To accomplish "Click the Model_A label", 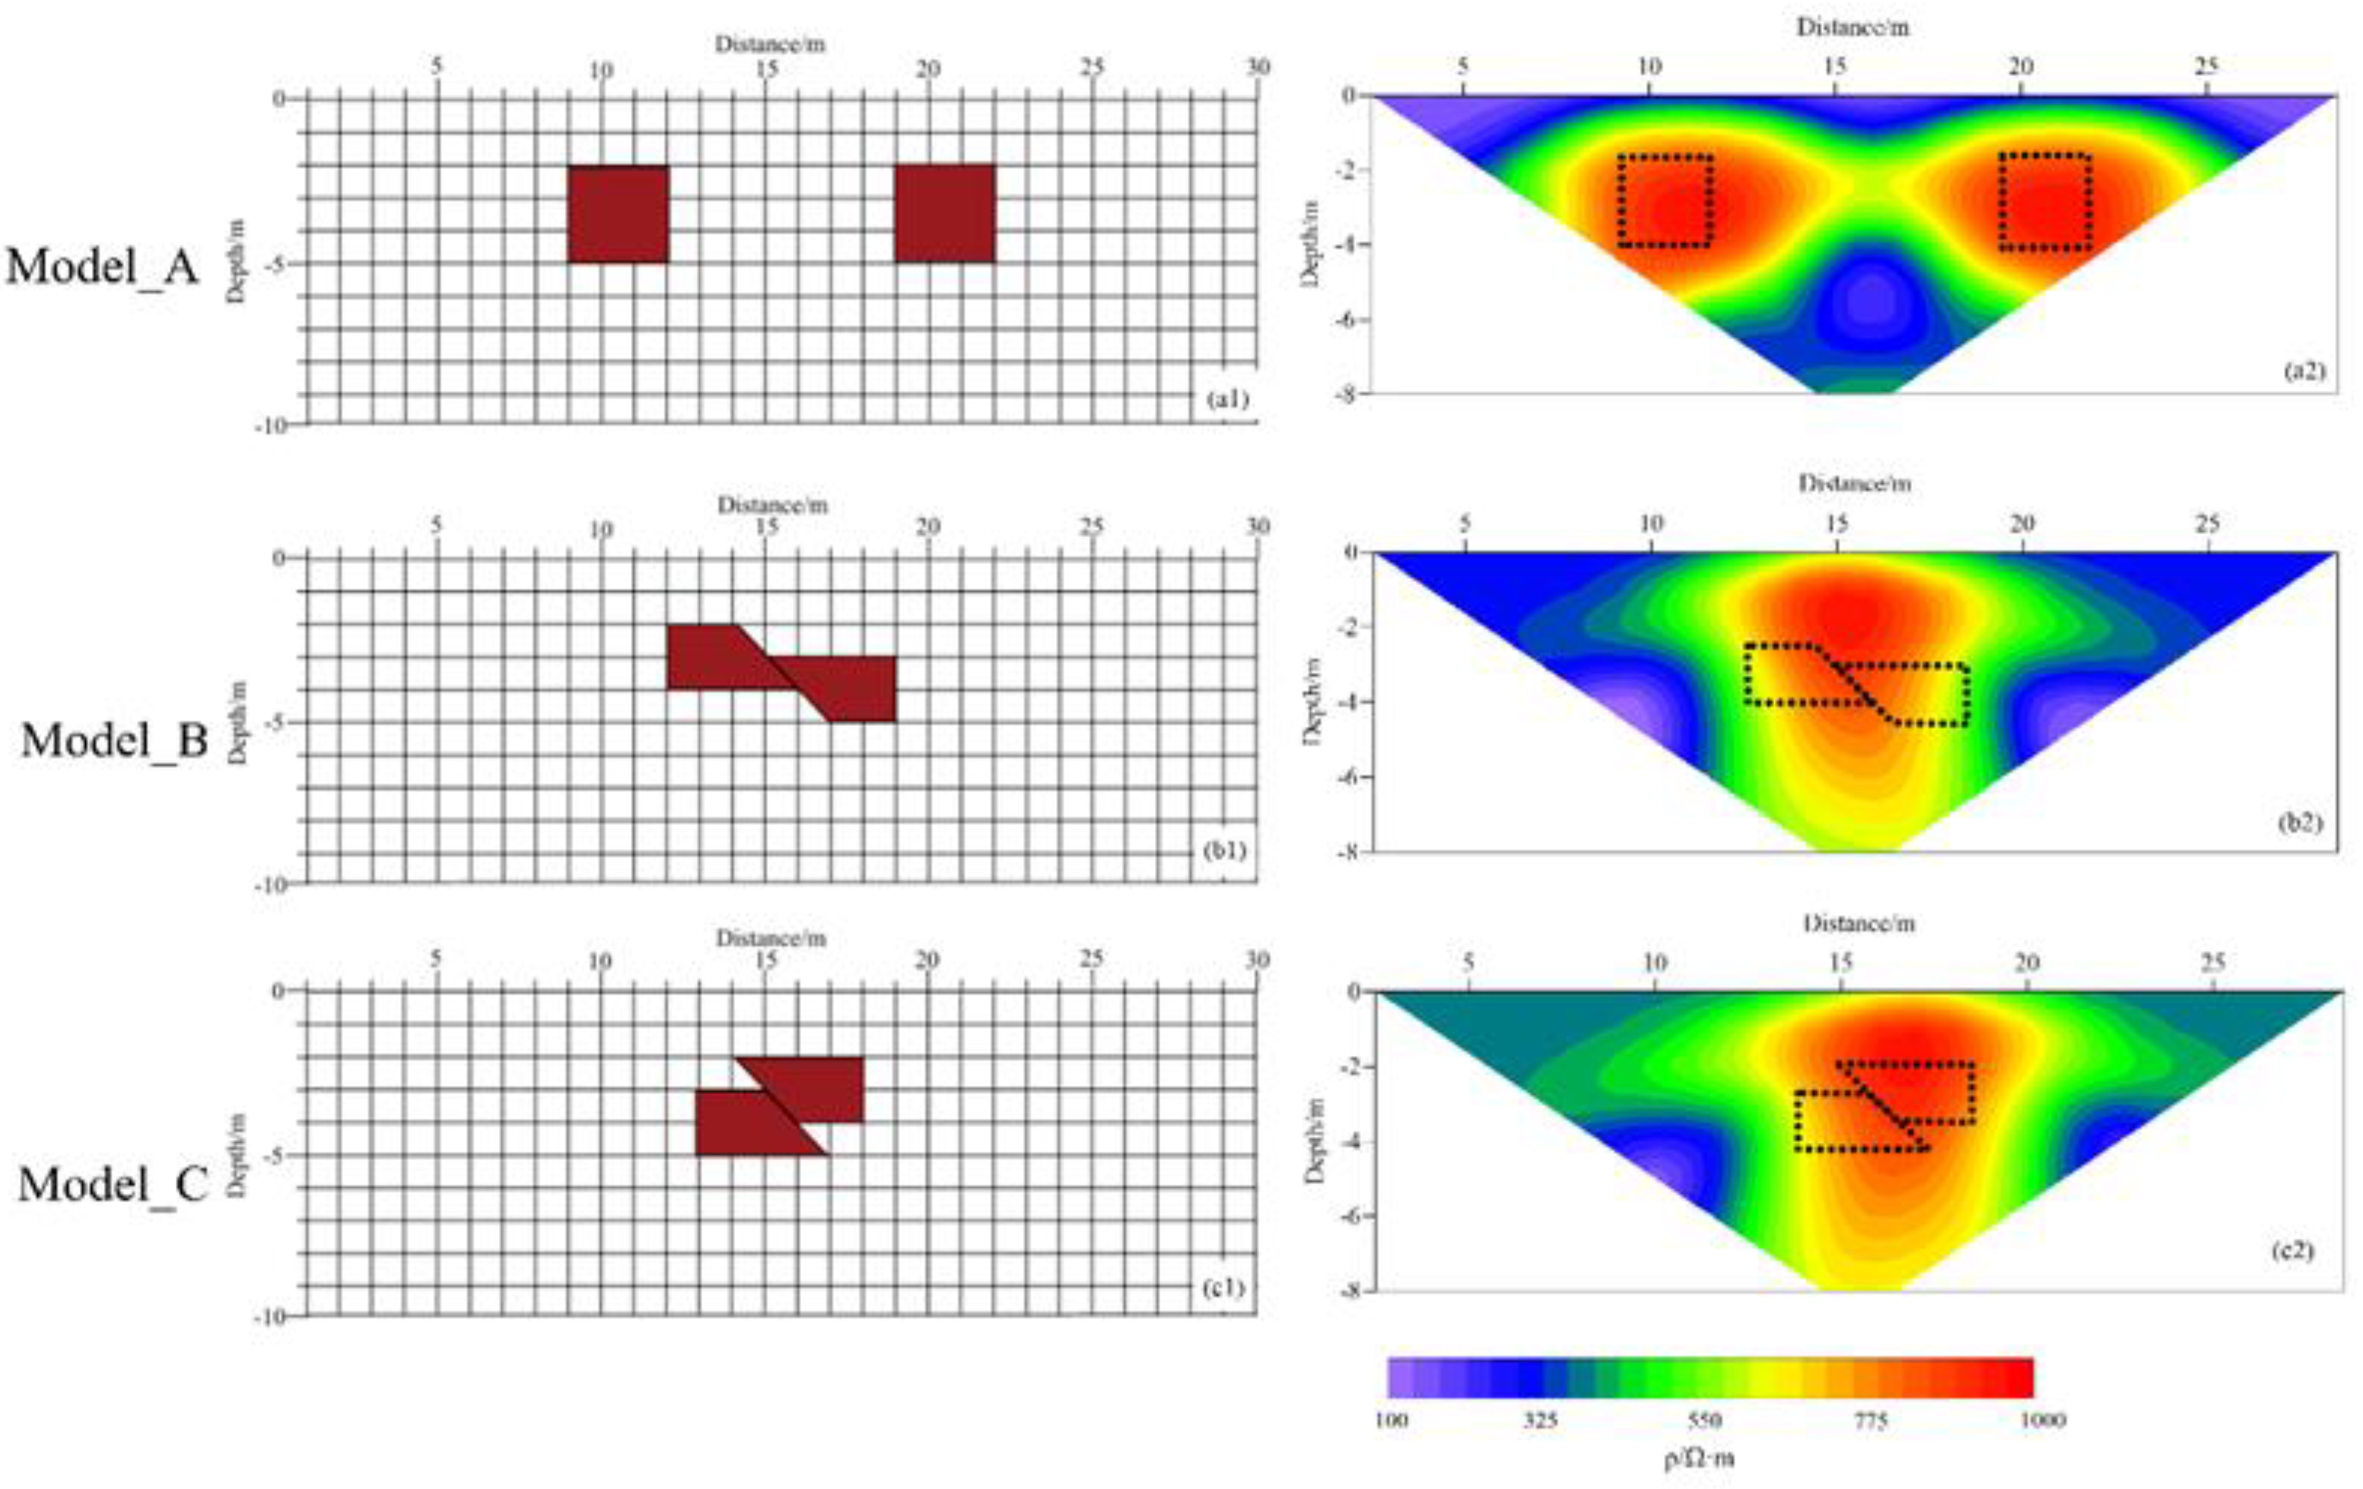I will click(103, 266).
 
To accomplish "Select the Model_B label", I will click(115, 740).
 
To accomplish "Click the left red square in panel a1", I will click(619, 214).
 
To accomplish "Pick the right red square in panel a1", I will click(945, 214).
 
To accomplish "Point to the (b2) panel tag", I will click(2299, 822).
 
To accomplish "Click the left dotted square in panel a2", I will click(1665, 200).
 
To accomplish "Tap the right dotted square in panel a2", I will click(2045, 201).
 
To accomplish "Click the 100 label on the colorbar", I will click(1391, 1421).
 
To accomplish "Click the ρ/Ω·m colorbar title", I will click(1700, 1459).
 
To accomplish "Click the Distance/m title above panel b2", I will click(1855, 483).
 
